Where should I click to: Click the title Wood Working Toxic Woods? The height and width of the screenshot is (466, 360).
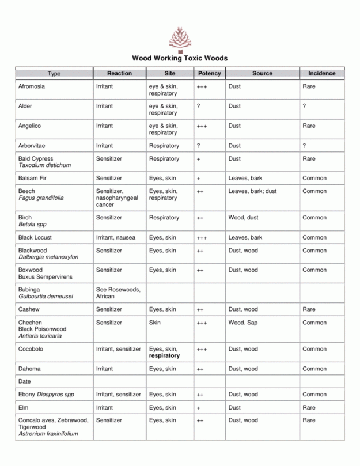[x=180, y=58]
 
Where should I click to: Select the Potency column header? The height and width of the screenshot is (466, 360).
[x=209, y=74]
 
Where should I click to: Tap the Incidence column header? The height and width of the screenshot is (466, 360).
[x=321, y=74]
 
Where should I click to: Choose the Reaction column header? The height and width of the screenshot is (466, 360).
[x=119, y=74]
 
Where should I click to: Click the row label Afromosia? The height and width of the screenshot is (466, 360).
[x=32, y=86]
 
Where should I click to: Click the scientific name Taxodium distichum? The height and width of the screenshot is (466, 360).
[x=44, y=165]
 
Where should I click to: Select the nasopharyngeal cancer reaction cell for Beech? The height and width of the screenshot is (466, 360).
[x=117, y=198]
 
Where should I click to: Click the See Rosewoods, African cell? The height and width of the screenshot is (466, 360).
[x=118, y=293]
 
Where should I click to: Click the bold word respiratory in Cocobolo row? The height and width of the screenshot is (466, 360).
[x=164, y=356]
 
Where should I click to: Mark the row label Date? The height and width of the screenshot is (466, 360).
[x=24, y=381]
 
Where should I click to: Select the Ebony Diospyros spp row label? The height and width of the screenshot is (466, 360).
[x=46, y=395]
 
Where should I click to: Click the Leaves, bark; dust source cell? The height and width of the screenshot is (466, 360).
[x=252, y=191]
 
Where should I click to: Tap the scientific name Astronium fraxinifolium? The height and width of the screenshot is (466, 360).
[x=48, y=434]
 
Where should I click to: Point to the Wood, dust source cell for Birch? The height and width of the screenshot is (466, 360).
[x=243, y=218]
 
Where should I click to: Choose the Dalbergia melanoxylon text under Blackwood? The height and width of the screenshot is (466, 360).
[x=48, y=257]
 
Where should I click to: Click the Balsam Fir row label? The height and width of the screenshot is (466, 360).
[x=33, y=179]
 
